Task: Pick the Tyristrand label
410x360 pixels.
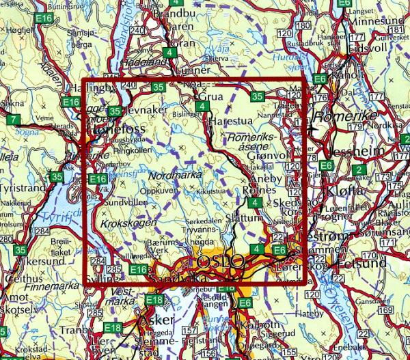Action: (x=23, y=187)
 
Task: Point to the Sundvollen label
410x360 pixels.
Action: (x=123, y=204)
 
